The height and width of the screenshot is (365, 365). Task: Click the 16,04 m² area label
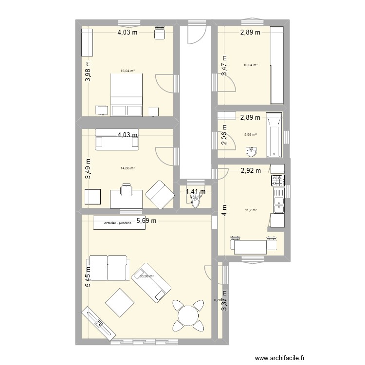click(x=128, y=71)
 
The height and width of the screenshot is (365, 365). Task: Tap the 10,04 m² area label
click(x=251, y=65)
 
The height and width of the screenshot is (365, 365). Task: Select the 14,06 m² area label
click(x=128, y=168)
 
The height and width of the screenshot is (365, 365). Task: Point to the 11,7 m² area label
click(x=251, y=210)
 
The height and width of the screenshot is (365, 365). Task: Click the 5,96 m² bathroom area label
click(x=251, y=135)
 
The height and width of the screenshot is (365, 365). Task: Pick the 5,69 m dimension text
click(x=146, y=221)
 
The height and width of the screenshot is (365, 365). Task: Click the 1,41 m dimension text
click(x=196, y=192)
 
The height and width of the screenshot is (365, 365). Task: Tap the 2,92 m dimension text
click(x=251, y=170)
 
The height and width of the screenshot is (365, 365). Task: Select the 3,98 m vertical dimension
click(x=88, y=72)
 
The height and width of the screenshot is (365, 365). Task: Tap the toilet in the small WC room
click(x=196, y=201)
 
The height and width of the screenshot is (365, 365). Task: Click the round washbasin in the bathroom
click(x=251, y=153)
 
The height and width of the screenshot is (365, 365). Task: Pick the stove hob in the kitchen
click(x=277, y=181)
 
